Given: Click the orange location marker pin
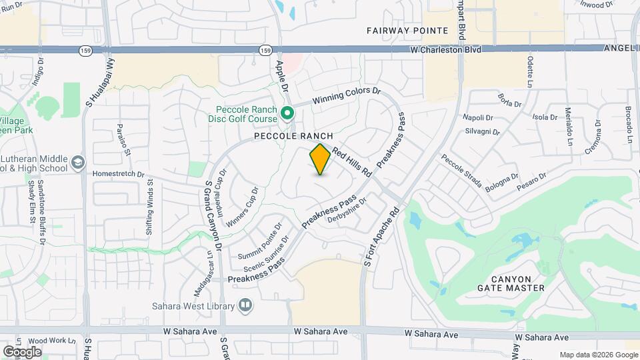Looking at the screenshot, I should [x=321, y=159].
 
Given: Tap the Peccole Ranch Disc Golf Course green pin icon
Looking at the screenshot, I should [x=287, y=113].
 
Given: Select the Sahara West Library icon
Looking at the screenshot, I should [x=245, y=305].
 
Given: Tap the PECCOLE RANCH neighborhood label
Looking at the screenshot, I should [x=293, y=135].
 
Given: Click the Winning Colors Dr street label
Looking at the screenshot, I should [x=345, y=95].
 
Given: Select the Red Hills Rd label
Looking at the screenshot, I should [x=351, y=161].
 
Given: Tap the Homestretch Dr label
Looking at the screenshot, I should [x=119, y=174].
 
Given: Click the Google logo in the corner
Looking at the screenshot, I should [x=22, y=351].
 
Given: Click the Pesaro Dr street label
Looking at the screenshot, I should [x=533, y=177].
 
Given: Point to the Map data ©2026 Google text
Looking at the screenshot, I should [x=598, y=355].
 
